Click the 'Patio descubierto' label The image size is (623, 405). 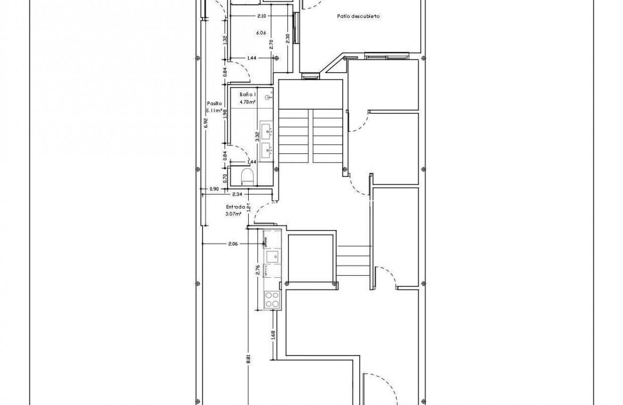tap(359, 16)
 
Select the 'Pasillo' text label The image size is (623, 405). tap(214, 103)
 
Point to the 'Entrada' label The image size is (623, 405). tap(235, 207)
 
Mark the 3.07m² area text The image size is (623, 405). tap(234, 214)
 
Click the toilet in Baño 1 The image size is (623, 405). tap(247, 177)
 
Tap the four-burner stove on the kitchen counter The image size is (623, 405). tap(272, 300)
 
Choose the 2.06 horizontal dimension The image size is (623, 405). tap(233, 244)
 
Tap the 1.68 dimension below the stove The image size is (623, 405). tap(273, 335)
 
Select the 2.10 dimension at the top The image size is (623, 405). tap(262, 16)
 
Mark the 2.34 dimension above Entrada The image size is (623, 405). tap(237, 194)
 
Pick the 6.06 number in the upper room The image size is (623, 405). tap(261, 33)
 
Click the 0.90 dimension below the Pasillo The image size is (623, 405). tap(214, 189)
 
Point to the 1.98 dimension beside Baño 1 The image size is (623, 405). tap(226, 115)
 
